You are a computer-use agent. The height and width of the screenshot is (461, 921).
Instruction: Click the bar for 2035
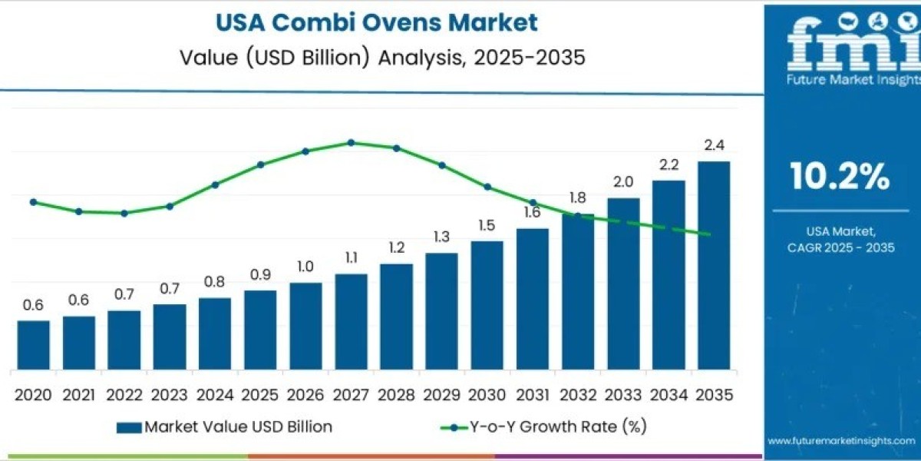pos(713,265)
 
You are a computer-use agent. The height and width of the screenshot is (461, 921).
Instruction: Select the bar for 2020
pos(33,345)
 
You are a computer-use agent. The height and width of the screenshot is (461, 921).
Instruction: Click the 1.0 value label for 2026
pos(305,266)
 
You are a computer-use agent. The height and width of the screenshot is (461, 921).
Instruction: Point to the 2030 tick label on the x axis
pos(487,395)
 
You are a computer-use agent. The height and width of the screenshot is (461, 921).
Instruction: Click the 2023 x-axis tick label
pos(169,395)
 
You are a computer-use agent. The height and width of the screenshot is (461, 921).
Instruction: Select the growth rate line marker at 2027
pos(351,142)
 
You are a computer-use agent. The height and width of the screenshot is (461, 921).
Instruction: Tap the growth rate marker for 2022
pos(124,213)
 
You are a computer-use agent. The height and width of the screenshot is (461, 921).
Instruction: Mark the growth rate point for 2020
pos(33,202)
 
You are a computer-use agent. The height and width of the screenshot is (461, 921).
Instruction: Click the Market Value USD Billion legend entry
pos(226,426)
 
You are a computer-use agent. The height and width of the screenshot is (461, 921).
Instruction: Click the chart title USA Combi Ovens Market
pos(376,22)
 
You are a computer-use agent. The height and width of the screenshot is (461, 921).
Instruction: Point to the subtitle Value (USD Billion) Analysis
pos(376,58)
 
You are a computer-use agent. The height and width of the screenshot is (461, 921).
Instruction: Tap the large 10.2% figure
pos(840,177)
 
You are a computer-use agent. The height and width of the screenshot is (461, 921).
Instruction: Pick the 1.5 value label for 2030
pos(487,225)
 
